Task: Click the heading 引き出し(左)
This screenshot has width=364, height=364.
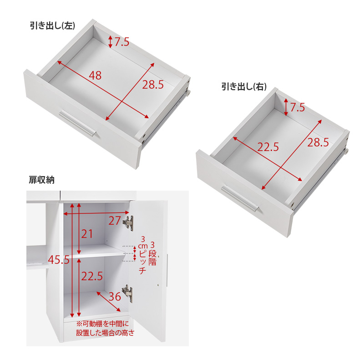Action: tap(52, 25)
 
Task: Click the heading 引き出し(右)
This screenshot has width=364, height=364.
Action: tap(244, 86)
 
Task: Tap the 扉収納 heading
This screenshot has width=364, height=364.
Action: tap(41, 180)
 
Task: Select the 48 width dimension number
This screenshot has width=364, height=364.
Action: tap(95, 76)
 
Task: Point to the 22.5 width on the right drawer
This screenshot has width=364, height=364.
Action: tap(268, 147)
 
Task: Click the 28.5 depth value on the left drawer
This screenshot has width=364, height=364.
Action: tap(153, 85)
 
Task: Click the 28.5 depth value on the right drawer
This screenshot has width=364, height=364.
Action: tap(318, 142)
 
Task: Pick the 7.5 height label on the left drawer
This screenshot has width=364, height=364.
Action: tap(122, 42)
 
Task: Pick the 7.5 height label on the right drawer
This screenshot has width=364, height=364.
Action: tap(298, 107)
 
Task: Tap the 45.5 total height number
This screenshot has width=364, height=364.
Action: tap(59, 259)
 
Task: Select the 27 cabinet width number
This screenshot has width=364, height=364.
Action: tap(115, 220)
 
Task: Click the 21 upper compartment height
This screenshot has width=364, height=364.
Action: tap(87, 234)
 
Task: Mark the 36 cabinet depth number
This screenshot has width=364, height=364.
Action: tap(115, 297)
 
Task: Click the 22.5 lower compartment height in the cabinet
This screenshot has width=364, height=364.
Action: tap(92, 276)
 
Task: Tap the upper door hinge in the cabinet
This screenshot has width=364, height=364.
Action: tap(128, 223)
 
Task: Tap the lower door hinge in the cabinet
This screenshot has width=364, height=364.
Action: tap(128, 293)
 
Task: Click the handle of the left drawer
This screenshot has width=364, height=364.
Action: tap(77, 123)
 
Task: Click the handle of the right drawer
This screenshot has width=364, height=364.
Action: tap(240, 199)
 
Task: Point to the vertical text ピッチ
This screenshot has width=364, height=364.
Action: tap(142, 263)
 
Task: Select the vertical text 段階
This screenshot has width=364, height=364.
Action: tap(152, 258)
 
